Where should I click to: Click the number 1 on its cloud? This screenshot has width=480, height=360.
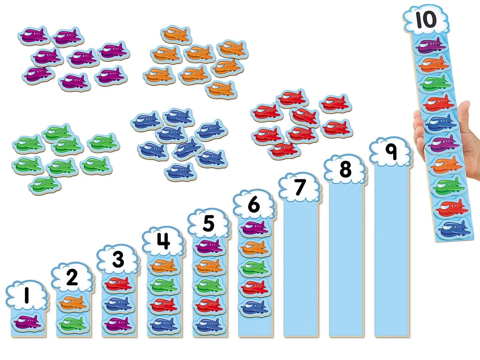click(x=27, y=295)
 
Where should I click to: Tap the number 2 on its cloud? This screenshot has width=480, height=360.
click(x=72, y=277)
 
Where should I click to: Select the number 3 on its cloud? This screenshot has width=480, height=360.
click(x=118, y=260)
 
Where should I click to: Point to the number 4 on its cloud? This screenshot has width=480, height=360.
click(x=164, y=241)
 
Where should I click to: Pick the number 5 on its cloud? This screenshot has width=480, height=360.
click(x=209, y=223)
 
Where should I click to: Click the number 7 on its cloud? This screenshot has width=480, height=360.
click(x=300, y=187)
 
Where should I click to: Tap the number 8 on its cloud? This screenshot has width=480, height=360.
click(x=346, y=169)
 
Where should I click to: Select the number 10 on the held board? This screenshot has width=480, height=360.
click(x=426, y=20)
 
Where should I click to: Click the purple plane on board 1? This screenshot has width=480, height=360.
click(x=27, y=322)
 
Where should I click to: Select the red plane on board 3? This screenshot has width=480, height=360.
click(x=118, y=284)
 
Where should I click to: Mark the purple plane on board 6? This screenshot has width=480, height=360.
click(x=254, y=228)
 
